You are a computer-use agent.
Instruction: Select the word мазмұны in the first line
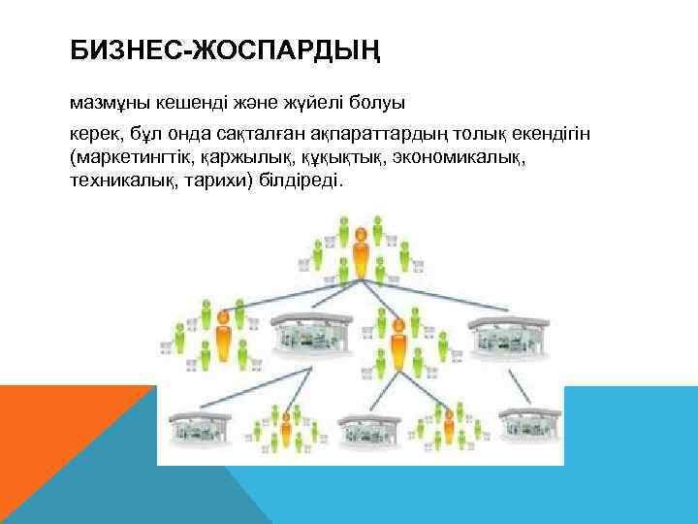[105, 101]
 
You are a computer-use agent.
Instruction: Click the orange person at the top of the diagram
[361, 251]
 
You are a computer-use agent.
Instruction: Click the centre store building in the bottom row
[365, 428]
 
